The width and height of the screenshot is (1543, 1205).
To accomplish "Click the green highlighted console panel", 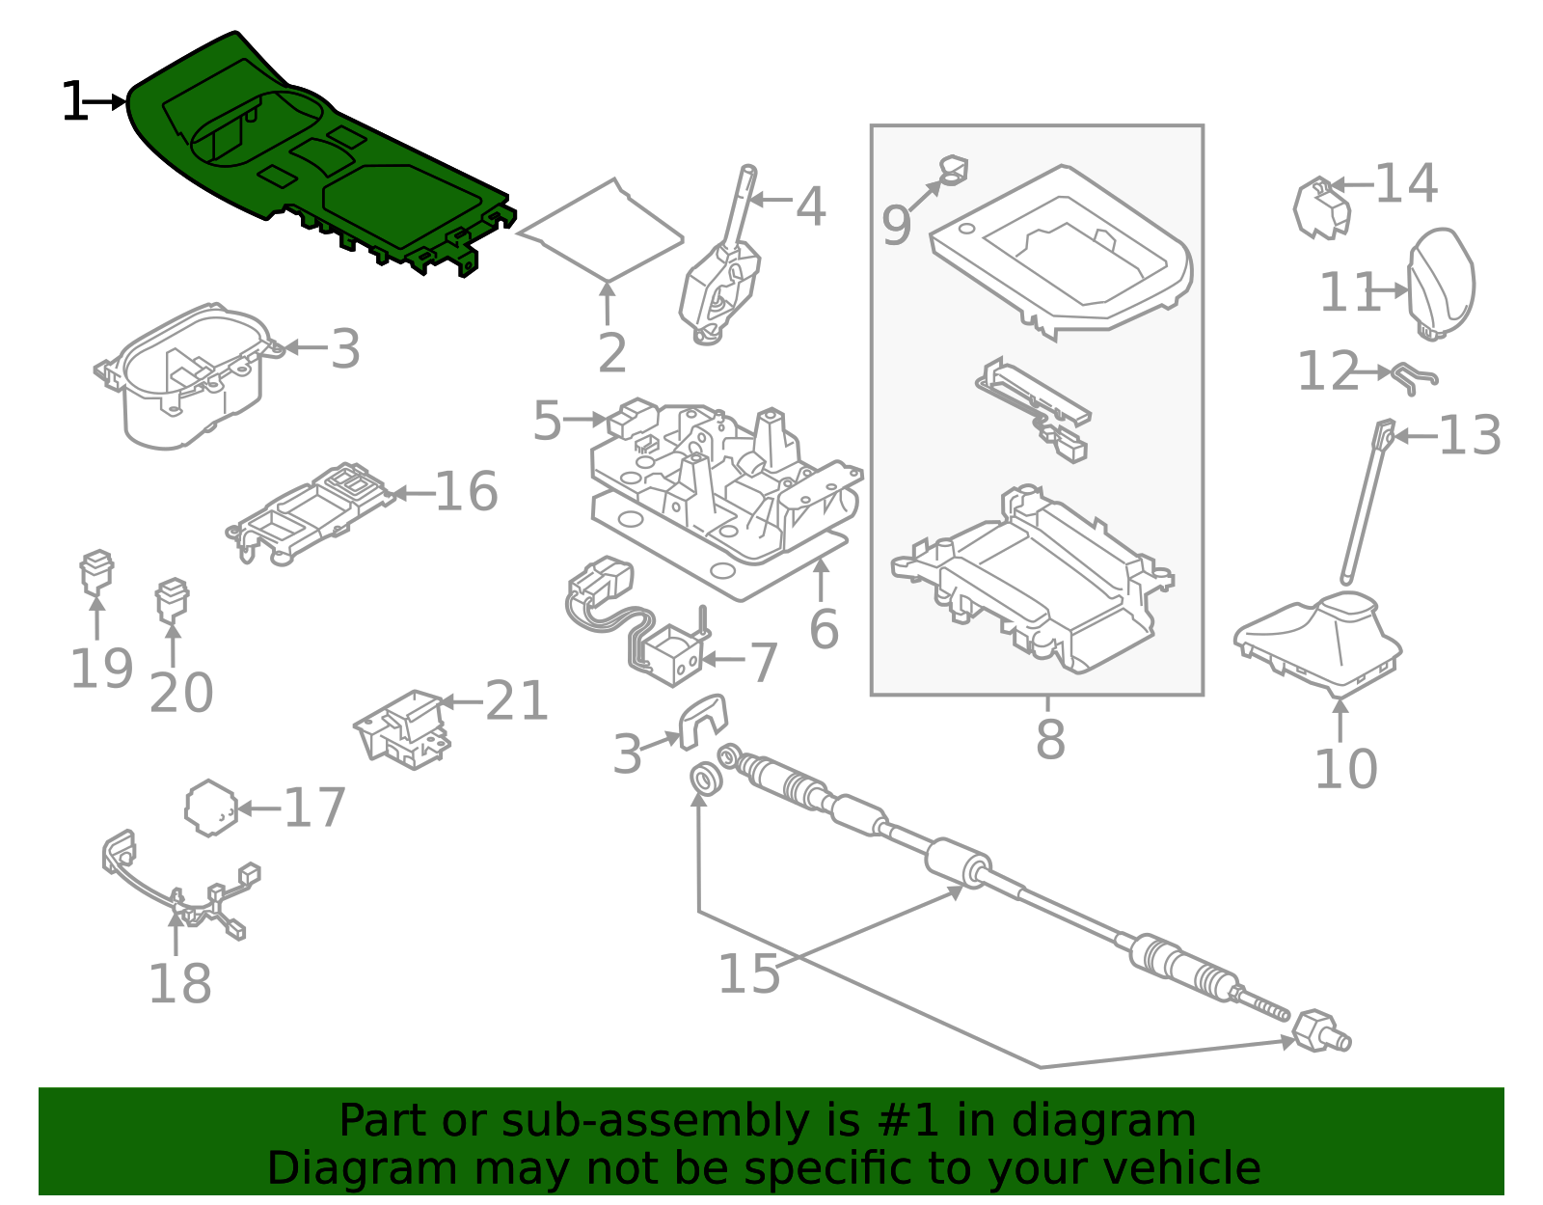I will (x=318, y=154).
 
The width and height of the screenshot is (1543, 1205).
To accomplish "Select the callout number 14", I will (x=1406, y=183).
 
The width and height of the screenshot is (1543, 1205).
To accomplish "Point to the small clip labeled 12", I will (x=1415, y=376).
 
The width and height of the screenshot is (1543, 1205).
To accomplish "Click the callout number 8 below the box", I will (x=1050, y=741).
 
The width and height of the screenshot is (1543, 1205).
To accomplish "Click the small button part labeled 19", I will (x=96, y=572).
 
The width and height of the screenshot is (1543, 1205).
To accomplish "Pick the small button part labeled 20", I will (x=173, y=599).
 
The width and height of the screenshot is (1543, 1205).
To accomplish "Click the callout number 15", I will (x=749, y=974).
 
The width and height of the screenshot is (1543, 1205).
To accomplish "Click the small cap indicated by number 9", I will (x=954, y=171).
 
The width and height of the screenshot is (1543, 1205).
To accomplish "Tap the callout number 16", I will (x=466, y=492).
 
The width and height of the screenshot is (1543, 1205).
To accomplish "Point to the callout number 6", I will (x=824, y=630).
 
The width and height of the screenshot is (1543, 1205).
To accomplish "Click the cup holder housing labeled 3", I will (x=188, y=376).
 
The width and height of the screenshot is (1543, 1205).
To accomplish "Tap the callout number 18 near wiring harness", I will (x=179, y=984).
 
